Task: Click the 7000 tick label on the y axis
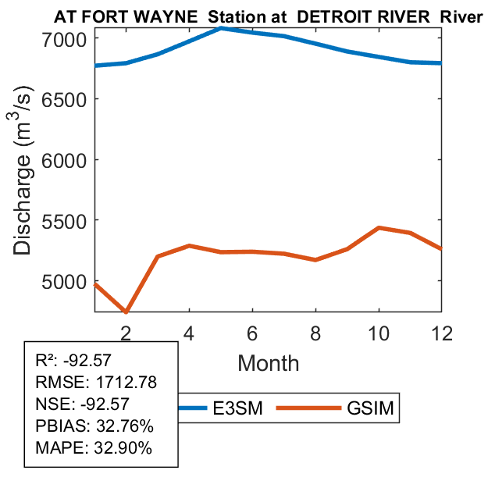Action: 69,37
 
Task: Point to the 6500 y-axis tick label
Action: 69,98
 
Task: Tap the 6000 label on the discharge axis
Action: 69,159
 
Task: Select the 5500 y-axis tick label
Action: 69,220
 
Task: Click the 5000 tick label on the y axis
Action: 69,281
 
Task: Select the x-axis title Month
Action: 268,362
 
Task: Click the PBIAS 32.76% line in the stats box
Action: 94,426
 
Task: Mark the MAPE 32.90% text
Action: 94,448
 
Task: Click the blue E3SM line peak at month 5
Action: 222,28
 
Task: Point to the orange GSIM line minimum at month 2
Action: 126,312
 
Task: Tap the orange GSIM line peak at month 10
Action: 379,228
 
